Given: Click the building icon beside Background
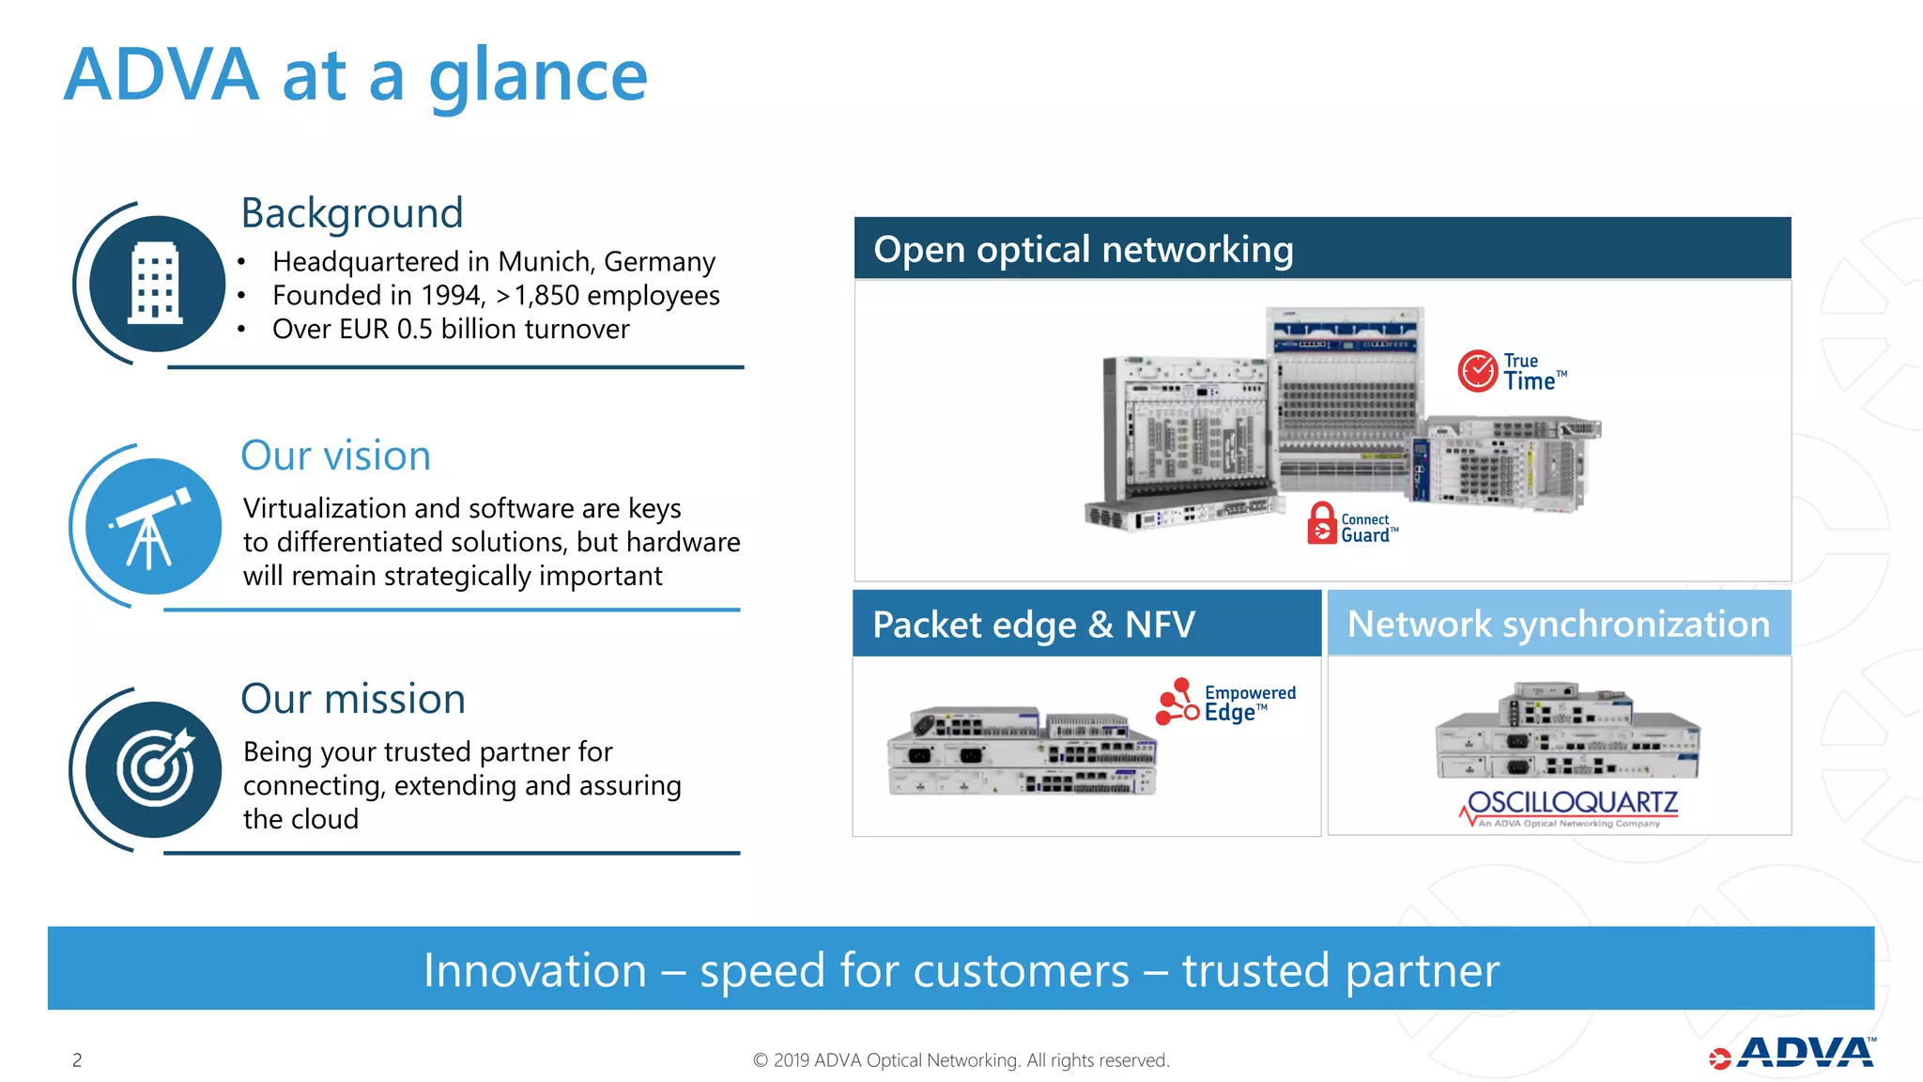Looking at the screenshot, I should coord(156,283).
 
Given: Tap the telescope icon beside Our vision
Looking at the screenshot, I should coord(152,527).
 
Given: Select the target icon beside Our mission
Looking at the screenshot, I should coord(154,769).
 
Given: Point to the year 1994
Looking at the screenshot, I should coord(452,295).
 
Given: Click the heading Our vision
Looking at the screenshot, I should coord(335,456).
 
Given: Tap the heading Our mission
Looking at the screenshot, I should coord(353,699).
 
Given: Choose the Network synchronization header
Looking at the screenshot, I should coord(1559,624).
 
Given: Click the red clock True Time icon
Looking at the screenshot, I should coord(1477,371).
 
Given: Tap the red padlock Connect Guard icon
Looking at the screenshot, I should coord(1321,524).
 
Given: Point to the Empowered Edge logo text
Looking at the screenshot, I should coord(1249,703).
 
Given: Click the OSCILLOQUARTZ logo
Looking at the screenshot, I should coord(1571,806).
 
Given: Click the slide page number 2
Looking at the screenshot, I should coord(77,1060).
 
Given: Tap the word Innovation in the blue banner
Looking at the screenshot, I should coord(534,970).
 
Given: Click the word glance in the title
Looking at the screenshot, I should coord(538,76).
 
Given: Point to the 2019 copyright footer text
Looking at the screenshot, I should coord(961,1060).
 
